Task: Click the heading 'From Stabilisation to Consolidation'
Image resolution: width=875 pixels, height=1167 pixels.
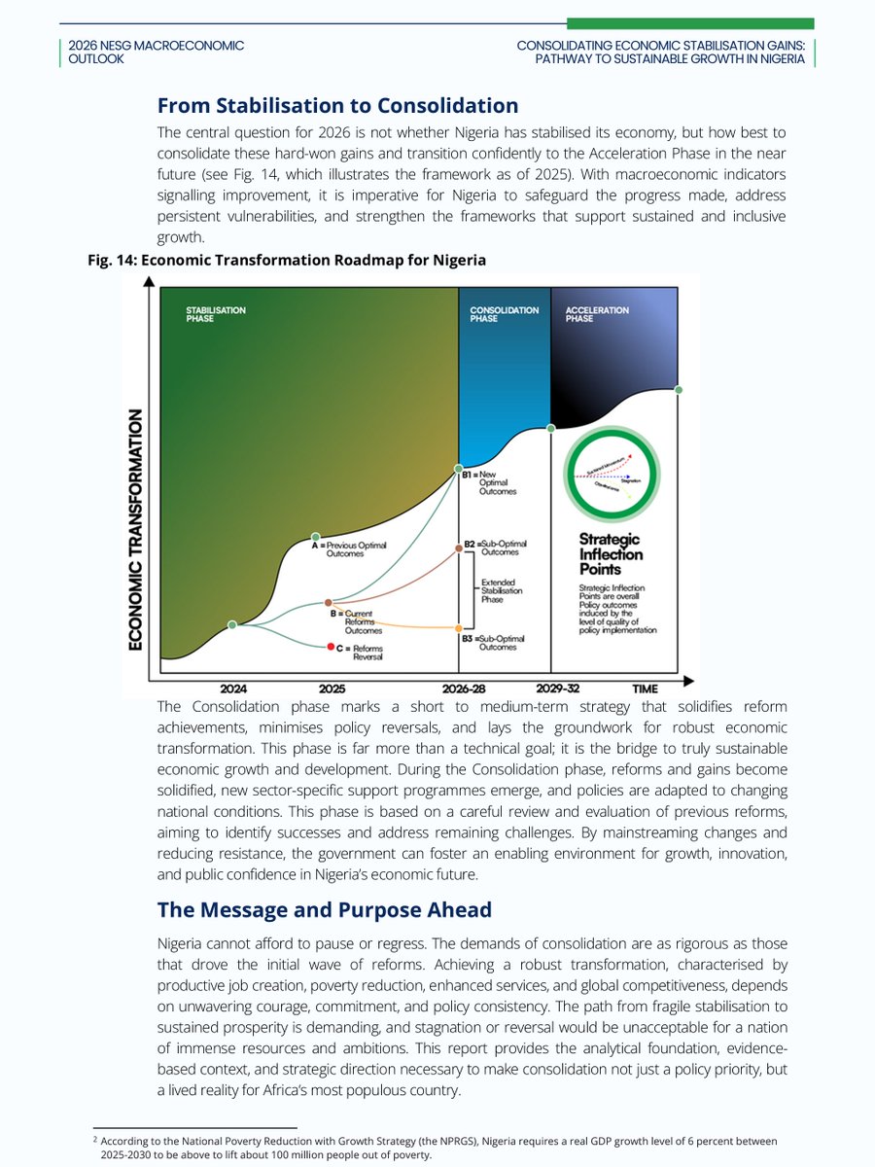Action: [x=337, y=105]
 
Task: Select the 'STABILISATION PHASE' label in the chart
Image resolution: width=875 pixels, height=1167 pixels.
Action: [x=216, y=314]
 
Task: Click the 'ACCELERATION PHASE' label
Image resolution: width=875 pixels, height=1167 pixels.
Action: [x=597, y=314]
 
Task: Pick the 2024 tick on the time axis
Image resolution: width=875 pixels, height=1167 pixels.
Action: [x=233, y=689]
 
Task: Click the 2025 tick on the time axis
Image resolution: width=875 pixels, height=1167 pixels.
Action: [x=331, y=689]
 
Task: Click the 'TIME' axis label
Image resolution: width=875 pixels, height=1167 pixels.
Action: [x=645, y=689]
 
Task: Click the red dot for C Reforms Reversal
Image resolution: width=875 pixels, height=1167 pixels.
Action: [x=332, y=647]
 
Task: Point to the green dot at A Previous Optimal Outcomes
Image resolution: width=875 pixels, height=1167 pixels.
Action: [x=315, y=537]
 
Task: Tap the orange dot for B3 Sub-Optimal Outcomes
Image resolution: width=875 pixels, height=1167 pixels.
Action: [x=459, y=628]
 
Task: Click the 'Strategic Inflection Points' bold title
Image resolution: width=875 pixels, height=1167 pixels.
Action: [x=611, y=554]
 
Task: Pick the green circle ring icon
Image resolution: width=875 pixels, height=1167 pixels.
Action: [x=612, y=477]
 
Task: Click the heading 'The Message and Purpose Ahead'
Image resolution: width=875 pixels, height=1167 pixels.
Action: [x=324, y=910]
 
